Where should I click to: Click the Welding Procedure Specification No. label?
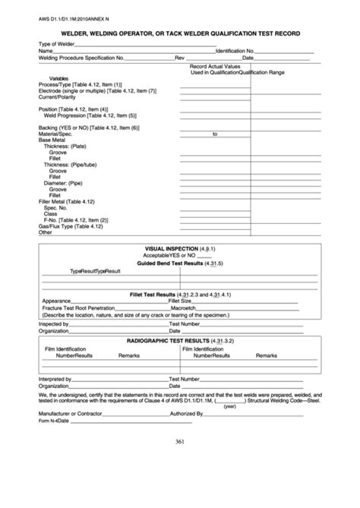[82, 58]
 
